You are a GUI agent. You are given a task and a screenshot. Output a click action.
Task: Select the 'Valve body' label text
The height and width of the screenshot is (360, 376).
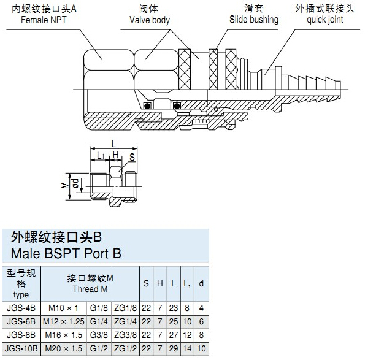point(149,20)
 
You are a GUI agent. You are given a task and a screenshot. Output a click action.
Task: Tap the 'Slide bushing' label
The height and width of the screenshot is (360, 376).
point(253,19)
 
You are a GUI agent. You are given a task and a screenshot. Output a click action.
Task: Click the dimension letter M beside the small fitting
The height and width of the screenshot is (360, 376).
point(65,184)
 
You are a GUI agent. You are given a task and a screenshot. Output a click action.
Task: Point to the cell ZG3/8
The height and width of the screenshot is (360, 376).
point(126,335)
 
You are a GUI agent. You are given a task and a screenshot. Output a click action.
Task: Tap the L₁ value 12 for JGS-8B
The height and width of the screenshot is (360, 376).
point(187,335)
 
